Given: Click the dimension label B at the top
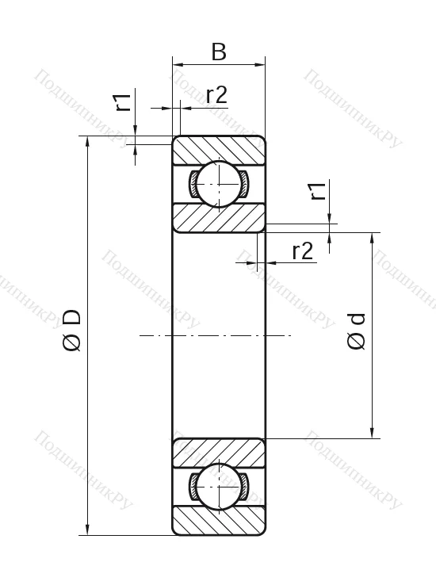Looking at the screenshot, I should (219, 52).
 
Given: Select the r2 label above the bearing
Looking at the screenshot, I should (216, 95).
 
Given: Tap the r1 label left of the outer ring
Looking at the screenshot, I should (121, 102).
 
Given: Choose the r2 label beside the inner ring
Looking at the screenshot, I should (303, 250).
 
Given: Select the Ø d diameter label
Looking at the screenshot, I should (357, 331).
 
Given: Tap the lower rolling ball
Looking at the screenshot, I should (218, 485).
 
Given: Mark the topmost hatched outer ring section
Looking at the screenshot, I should (219, 148).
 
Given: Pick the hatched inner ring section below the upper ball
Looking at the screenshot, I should (219, 217).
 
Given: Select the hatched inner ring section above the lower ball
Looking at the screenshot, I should (219, 452).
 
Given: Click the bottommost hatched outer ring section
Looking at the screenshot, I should (219, 520).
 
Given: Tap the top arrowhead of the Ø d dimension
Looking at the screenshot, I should (372, 238).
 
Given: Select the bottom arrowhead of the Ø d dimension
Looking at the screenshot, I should (372, 432).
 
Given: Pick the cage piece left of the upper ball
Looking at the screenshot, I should (193, 183).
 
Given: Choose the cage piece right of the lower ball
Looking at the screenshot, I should (244, 485).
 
